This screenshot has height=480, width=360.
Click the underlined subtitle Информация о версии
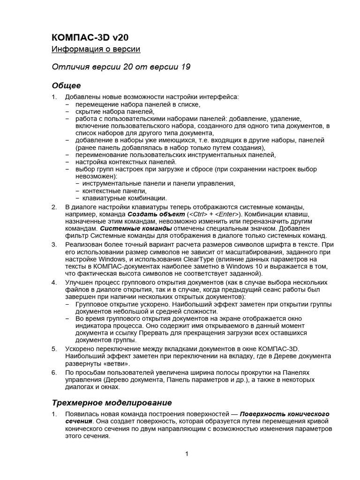[x=96, y=49]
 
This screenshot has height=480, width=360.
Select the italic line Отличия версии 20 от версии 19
[x=121, y=67]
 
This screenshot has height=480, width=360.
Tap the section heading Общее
[x=66, y=86]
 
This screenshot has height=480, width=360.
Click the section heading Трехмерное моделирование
[x=112, y=403]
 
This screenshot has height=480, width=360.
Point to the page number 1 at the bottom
[x=187, y=453]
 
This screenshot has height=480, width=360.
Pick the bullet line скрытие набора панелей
[x=114, y=112]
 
